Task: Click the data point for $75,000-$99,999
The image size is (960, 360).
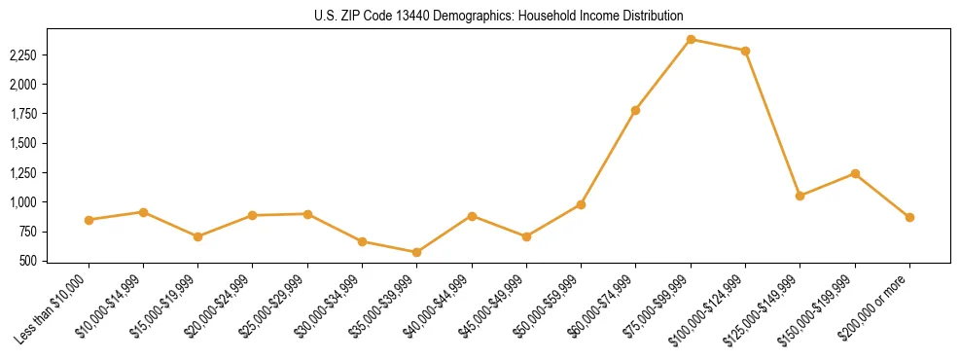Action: coord(691,39)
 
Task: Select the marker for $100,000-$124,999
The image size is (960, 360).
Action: coord(745,51)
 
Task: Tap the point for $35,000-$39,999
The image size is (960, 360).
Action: coord(416,252)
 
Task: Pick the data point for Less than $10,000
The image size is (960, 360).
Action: coord(89,220)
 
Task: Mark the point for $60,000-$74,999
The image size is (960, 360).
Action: coord(635,110)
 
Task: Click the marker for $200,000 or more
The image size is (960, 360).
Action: coord(909,217)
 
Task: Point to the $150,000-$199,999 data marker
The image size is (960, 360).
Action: coord(855,173)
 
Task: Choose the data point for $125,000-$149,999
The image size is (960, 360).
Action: coord(800,196)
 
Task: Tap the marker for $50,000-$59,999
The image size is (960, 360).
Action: coord(581,204)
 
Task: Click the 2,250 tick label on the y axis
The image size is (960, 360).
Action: coord(22,55)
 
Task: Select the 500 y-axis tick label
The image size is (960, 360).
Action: coord(27,261)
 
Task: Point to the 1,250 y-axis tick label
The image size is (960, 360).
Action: coord(22,173)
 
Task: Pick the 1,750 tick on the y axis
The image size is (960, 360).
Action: coord(22,114)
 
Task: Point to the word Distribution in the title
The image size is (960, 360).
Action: coord(649,16)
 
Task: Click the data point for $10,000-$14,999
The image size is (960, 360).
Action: coord(143,211)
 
